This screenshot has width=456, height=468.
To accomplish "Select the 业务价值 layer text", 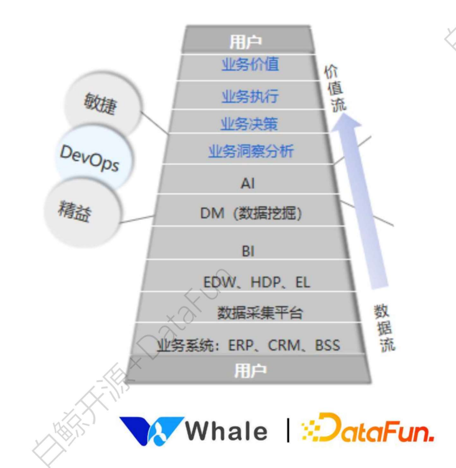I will (250, 65).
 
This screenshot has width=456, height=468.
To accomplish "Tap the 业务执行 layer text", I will (250, 96).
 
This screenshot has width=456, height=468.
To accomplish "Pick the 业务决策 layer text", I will (249, 124).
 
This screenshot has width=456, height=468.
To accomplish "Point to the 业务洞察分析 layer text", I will (250, 151).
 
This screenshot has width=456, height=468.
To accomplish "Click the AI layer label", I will (247, 183).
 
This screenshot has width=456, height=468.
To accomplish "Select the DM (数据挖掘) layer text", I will (251, 214).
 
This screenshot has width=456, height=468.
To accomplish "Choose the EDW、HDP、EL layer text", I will (257, 281).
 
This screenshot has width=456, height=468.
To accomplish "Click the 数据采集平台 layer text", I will (260, 313).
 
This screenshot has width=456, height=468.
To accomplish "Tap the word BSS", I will (327, 346).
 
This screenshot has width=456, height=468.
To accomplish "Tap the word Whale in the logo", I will (228, 431).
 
